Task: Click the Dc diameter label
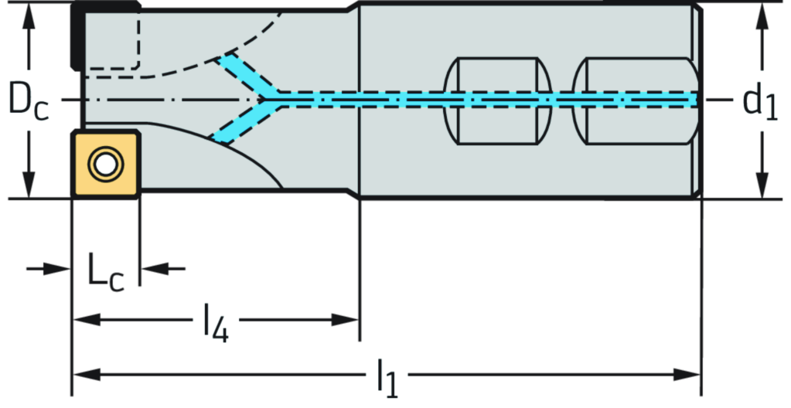29,100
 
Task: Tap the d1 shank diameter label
760,100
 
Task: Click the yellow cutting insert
107,164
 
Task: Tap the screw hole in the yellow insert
104,164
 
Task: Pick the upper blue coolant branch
242,75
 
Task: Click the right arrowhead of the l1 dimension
690,376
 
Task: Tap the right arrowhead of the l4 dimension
348,319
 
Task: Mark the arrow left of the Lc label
59,269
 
